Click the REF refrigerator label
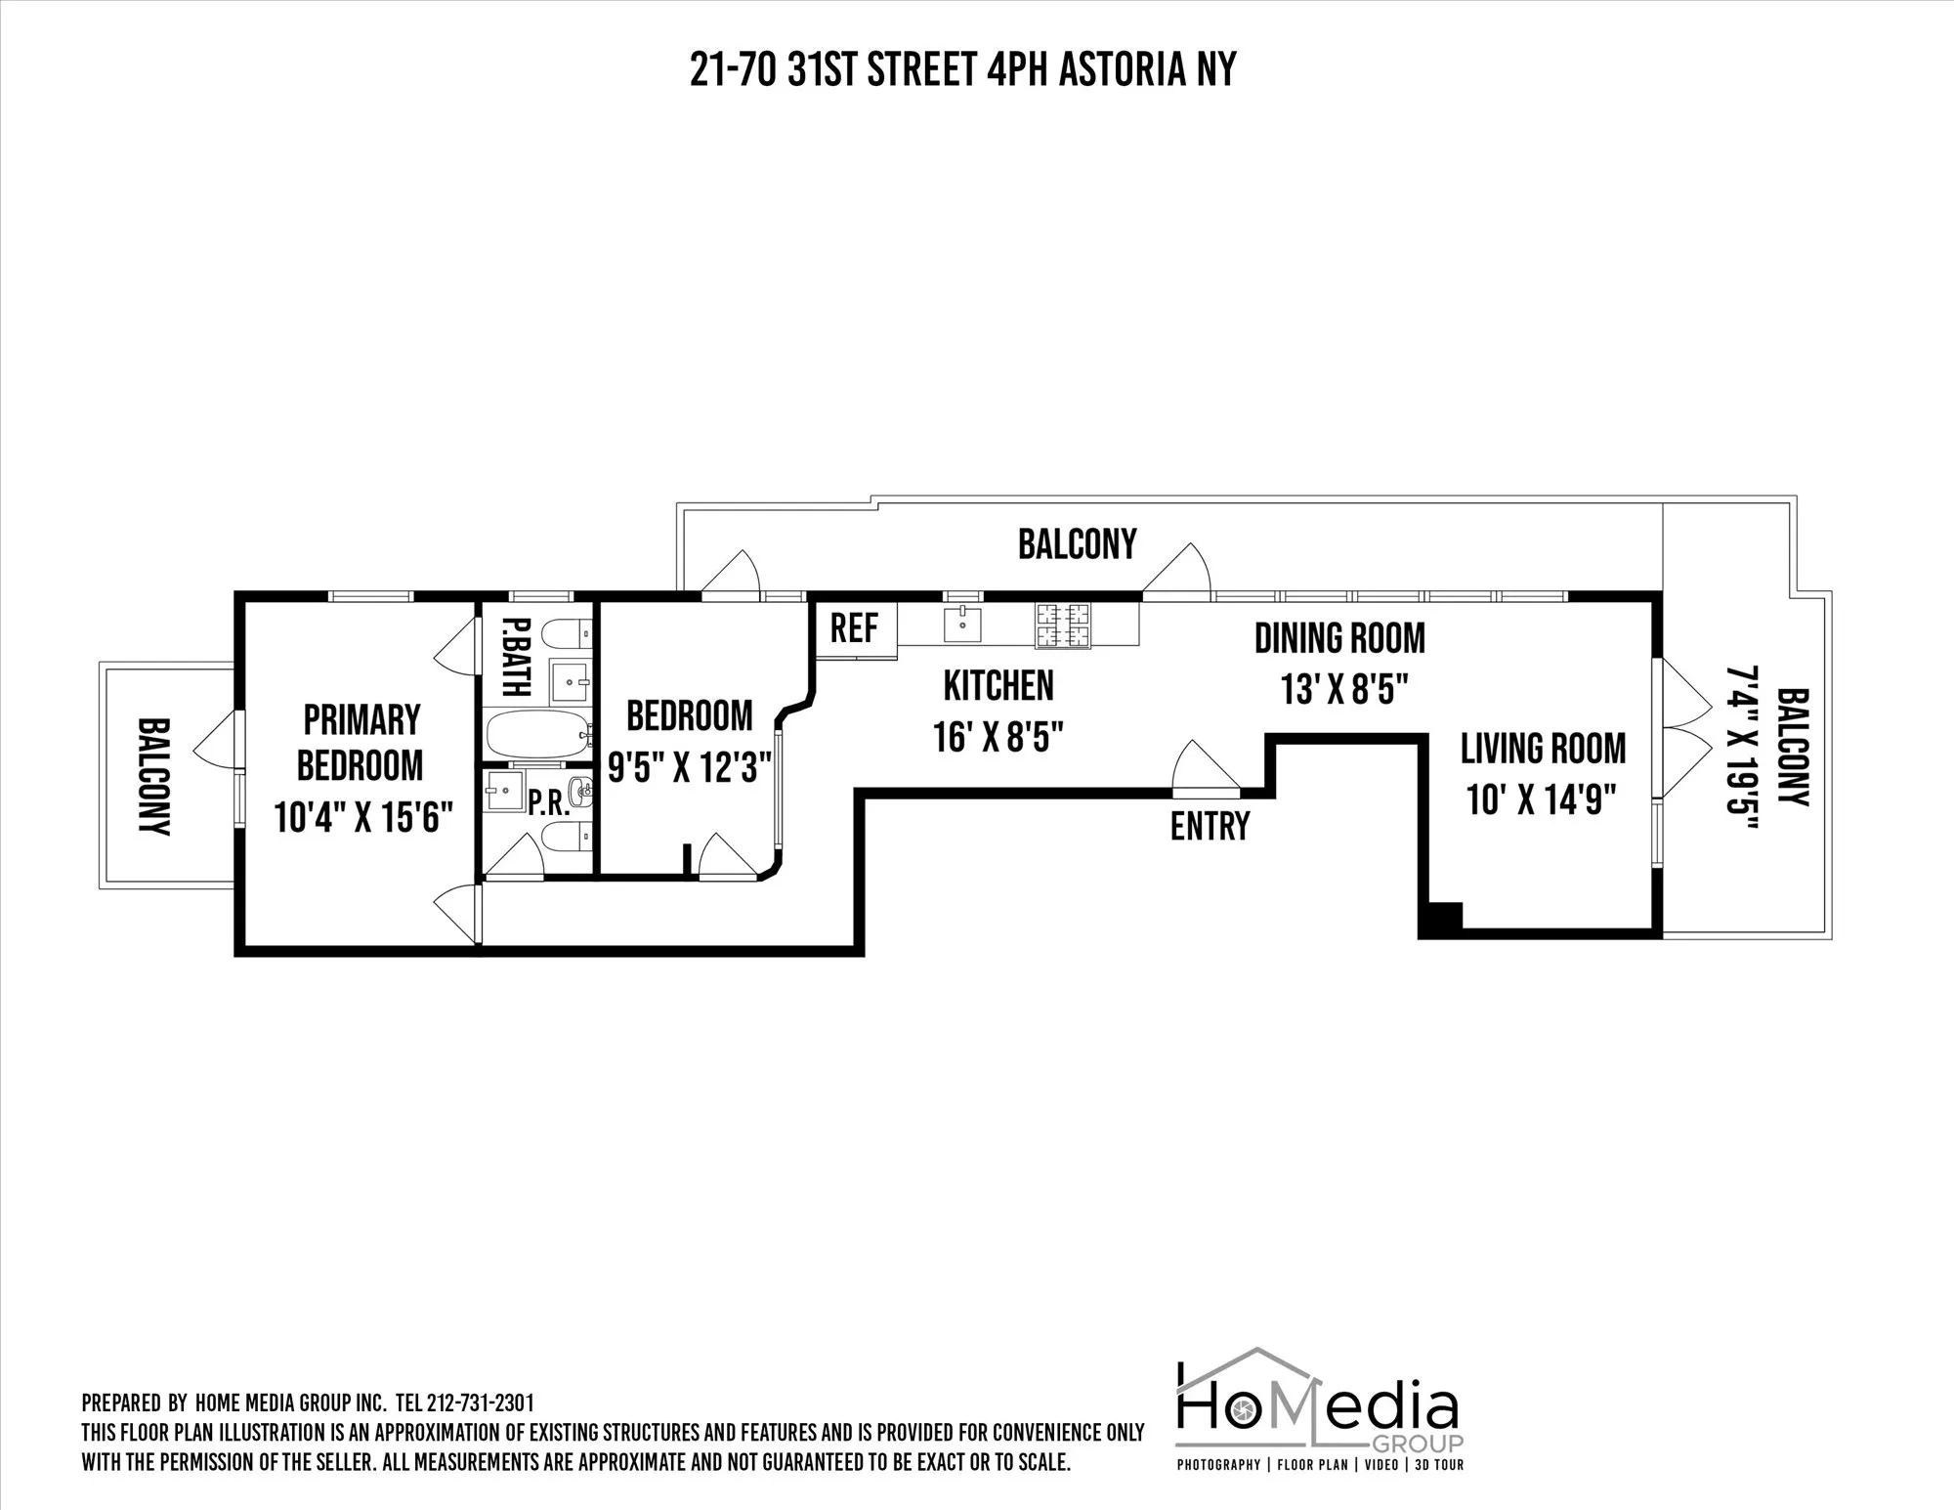pyautogui.click(x=854, y=628)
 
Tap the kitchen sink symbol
pyautogui.click(x=962, y=624)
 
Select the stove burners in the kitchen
pyautogui.click(x=1063, y=626)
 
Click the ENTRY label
pyautogui.click(x=1210, y=827)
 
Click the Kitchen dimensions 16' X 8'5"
pyautogui.click(x=998, y=737)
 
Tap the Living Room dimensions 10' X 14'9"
pyautogui.click(x=1542, y=800)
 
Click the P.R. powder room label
pyautogui.click(x=548, y=803)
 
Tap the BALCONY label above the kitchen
pyautogui.click(x=1077, y=544)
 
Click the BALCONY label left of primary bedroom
pyautogui.click(x=154, y=777)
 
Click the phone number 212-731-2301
pyautogui.click(x=481, y=1403)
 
